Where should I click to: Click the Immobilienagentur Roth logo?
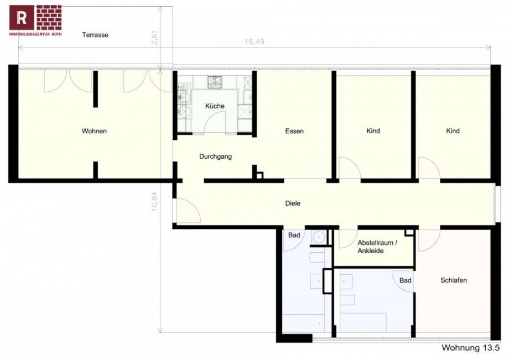pos(35,20)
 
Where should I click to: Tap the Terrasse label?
pos(95,35)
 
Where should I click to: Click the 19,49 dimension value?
pos(254,41)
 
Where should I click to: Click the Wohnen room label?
pos(94,131)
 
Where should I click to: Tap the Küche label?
pos(215,106)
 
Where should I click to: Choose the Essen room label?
pos(294,131)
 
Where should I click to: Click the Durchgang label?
pos(215,156)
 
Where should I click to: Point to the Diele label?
pos(293,203)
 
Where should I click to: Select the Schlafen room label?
pos(454,280)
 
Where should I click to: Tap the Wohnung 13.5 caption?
pos(470,348)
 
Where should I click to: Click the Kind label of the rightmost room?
pos(453,131)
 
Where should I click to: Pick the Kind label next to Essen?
pos(373,131)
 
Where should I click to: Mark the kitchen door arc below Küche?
pos(215,121)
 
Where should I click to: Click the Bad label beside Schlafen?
pos(406,281)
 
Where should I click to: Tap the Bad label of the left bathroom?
pos(294,236)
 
